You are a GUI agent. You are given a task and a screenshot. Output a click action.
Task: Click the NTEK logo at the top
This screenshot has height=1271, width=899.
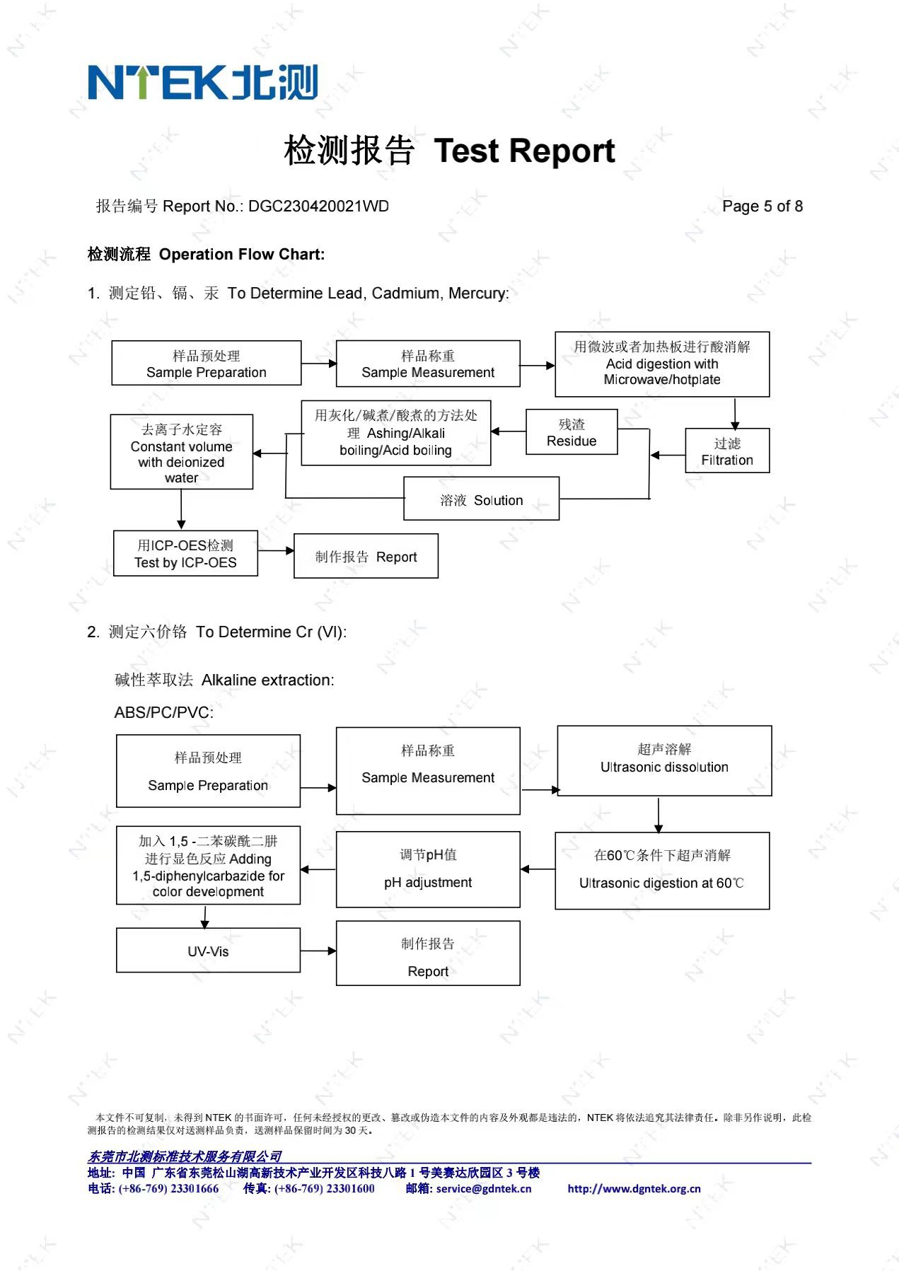(202, 82)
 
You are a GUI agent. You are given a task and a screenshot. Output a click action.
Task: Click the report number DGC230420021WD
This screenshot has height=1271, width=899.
(318, 207)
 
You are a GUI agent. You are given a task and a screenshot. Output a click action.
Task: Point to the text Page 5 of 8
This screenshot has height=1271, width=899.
(762, 207)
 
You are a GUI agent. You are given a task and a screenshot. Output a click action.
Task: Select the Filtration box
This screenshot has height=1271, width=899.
(727, 451)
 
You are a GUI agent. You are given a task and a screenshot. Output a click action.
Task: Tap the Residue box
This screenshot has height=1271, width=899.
(572, 432)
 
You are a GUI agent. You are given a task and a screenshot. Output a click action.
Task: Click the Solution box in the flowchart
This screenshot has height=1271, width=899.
(481, 499)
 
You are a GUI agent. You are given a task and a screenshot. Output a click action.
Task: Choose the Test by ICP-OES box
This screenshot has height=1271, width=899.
(185, 554)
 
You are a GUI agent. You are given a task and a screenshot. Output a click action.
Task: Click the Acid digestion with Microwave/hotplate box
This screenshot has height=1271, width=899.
(662, 364)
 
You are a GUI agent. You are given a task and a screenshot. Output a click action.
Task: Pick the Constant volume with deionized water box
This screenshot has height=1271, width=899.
(182, 453)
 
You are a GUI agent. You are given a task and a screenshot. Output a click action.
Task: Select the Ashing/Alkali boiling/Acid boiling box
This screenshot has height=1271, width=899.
(396, 433)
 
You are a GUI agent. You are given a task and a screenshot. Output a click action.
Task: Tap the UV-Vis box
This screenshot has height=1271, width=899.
(208, 951)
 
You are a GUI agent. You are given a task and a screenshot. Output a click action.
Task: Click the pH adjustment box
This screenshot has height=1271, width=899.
(428, 870)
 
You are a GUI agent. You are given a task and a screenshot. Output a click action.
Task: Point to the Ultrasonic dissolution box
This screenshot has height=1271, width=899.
(664, 761)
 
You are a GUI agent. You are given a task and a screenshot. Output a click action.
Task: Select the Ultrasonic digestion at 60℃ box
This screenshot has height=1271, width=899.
(662, 871)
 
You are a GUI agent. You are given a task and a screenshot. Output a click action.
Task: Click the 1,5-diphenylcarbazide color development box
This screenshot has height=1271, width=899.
(208, 866)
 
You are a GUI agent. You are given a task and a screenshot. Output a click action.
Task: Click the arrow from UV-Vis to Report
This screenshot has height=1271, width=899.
(318, 951)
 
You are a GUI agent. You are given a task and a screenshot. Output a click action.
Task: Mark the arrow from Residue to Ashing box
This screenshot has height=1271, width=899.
(509, 431)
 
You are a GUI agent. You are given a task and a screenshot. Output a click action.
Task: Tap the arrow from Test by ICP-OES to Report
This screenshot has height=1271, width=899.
(276, 550)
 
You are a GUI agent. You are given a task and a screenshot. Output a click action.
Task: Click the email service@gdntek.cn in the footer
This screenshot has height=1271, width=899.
(483, 1189)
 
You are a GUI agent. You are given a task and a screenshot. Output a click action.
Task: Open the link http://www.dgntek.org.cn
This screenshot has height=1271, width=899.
(634, 1189)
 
